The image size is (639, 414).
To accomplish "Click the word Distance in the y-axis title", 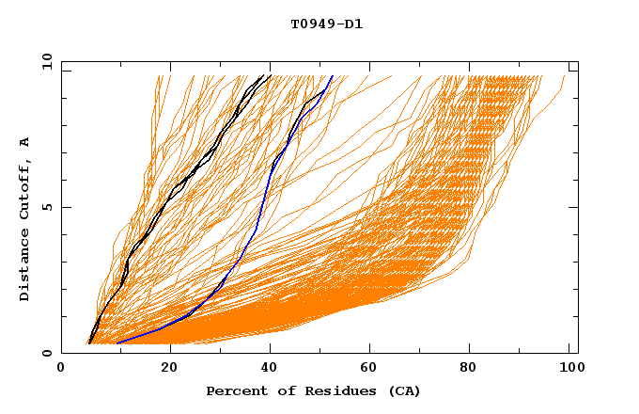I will tap(24, 269).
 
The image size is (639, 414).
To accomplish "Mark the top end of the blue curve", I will tap(332, 76).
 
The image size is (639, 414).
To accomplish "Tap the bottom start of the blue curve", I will tap(117, 342).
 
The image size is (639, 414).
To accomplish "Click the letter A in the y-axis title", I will tap(24, 142).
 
